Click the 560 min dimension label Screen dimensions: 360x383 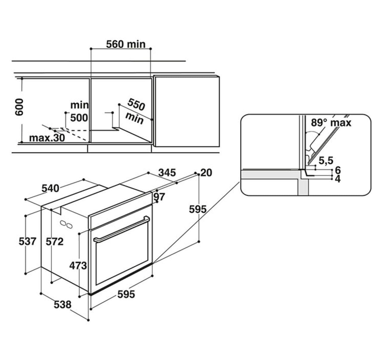click(x=126, y=44)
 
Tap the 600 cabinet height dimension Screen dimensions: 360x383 click(x=19, y=110)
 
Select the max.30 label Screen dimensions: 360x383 click(x=47, y=138)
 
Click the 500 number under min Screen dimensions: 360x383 click(x=79, y=118)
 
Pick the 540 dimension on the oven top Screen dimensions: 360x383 click(x=50, y=188)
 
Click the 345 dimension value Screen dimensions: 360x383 click(x=167, y=173)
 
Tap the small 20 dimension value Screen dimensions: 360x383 click(x=206, y=173)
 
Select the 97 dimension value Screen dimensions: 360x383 click(x=159, y=197)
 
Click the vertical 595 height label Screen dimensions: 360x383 click(x=198, y=209)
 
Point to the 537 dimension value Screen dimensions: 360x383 click(x=27, y=241)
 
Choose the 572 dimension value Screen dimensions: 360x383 click(x=55, y=241)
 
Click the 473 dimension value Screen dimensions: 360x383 click(x=78, y=265)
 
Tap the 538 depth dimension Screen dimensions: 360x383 click(x=63, y=304)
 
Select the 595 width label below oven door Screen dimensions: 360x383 click(x=126, y=294)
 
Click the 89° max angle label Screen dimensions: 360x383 click(x=331, y=122)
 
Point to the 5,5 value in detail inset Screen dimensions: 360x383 click(x=325, y=161)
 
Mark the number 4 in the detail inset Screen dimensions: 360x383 click(x=338, y=179)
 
